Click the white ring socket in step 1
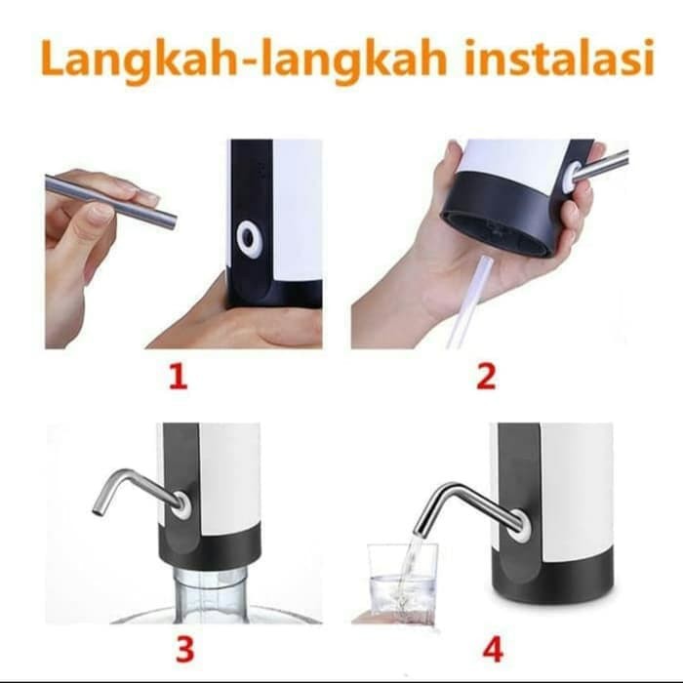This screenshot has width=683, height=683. coord(248,237)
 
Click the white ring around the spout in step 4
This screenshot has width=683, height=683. coord(520,527)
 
